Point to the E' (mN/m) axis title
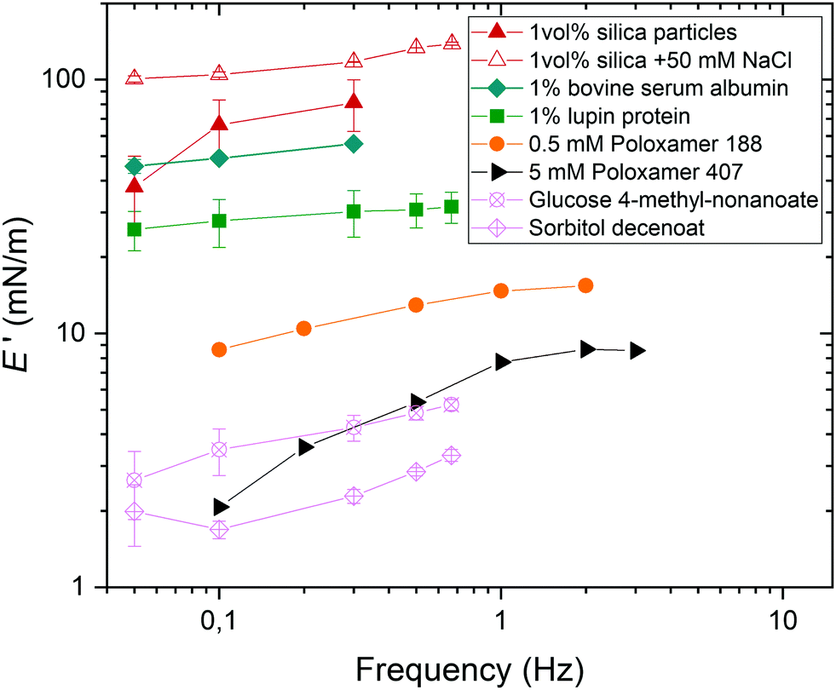(24, 331)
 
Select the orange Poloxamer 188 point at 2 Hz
(585, 285)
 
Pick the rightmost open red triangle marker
(453, 42)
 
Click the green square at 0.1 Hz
(219, 221)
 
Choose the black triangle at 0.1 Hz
(221, 507)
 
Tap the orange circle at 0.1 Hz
(219, 349)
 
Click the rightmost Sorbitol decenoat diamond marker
(452, 456)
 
